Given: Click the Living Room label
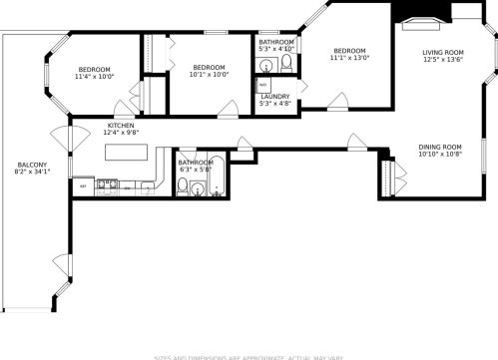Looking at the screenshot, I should tap(442, 52).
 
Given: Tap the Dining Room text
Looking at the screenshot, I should tap(440, 148).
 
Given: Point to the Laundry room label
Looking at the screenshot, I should tap(275, 96).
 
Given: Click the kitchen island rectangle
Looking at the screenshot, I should tap(127, 154).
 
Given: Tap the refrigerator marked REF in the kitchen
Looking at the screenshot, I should tap(83, 185).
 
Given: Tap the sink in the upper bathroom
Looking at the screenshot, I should tap(266, 66).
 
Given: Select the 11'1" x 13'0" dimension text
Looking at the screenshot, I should tap(350, 58).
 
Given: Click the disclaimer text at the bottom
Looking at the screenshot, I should tap(249, 356).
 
